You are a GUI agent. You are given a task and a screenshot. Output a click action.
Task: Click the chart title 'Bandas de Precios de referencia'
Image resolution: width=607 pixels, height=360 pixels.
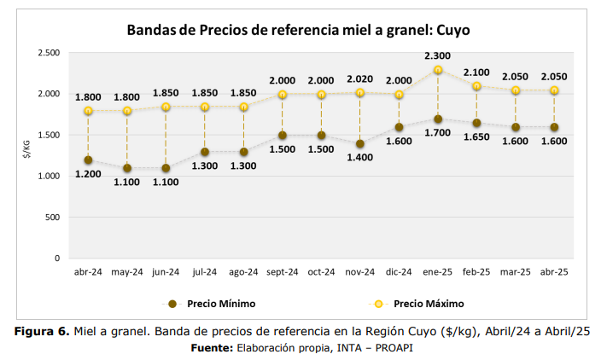[x=298, y=30]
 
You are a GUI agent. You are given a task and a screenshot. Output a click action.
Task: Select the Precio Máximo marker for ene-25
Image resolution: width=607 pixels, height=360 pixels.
[x=438, y=70]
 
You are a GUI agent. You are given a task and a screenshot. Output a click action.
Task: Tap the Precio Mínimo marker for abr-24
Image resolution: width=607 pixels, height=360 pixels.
[x=88, y=160]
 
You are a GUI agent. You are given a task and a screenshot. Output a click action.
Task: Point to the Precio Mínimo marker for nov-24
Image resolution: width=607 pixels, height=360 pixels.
[x=360, y=143]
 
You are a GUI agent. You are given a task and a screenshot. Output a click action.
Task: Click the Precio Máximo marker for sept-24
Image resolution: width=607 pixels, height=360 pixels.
[x=283, y=95]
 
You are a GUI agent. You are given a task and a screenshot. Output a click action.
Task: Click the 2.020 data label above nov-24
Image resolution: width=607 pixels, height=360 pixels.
[x=360, y=78]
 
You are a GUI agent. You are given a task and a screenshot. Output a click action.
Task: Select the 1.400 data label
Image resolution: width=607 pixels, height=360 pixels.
[x=360, y=158]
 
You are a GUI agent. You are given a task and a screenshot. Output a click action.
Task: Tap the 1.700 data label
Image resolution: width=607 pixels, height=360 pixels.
[x=438, y=133]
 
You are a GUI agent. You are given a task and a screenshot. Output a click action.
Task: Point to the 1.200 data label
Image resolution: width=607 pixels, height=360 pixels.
[x=88, y=174]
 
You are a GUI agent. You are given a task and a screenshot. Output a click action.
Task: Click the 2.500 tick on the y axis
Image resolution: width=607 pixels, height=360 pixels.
[x=48, y=53]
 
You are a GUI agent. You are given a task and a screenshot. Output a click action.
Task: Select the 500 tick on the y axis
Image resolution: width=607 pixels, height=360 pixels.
[x=51, y=217]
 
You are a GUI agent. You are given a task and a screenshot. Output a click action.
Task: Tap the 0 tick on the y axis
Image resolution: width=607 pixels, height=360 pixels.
[x=57, y=258]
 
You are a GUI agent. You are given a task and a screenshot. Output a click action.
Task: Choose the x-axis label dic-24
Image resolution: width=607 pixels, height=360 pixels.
[x=399, y=272]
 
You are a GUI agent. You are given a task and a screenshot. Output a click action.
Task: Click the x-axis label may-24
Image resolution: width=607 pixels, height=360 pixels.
[x=126, y=272]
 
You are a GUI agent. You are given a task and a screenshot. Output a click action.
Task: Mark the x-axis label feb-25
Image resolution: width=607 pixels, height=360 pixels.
[x=476, y=272]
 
